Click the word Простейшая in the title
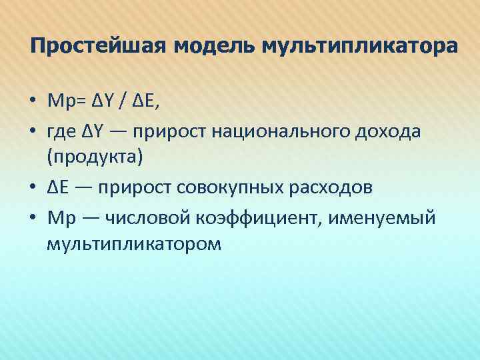tap(99, 48)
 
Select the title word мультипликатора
tap(361, 48)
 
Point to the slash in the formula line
tap(123, 101)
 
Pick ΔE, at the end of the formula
tap(148, 101)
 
